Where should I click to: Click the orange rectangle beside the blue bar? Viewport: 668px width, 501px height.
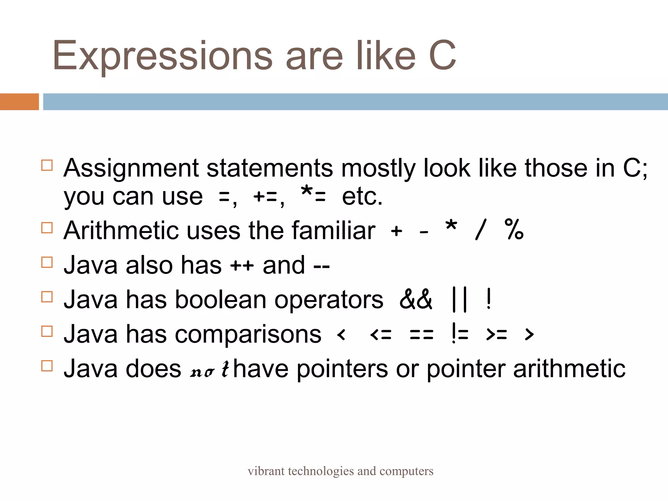click(19, 102)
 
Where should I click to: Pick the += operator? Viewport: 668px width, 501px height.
click(265, 197)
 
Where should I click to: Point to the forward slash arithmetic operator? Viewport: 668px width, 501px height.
click(481, 230)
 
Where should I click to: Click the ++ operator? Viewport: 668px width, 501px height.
click(242, 266)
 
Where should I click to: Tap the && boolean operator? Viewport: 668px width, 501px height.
click(416, 299)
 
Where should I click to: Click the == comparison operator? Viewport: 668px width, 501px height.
click(421, 335)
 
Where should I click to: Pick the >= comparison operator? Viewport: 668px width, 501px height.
click(496, 335)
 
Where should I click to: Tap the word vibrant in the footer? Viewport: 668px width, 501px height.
click(266, 471)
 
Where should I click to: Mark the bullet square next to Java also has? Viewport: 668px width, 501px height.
click(47, 262)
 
